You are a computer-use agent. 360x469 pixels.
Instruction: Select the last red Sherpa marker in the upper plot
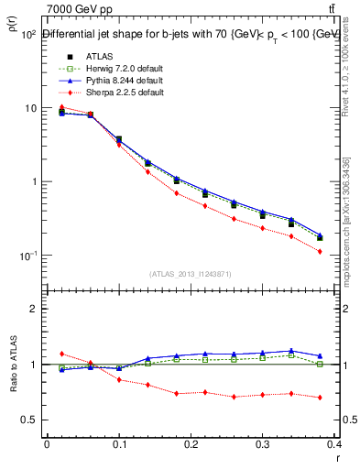click(x=320, y=251)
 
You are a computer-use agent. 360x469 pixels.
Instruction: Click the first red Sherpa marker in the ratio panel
click(x=61, y=354)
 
